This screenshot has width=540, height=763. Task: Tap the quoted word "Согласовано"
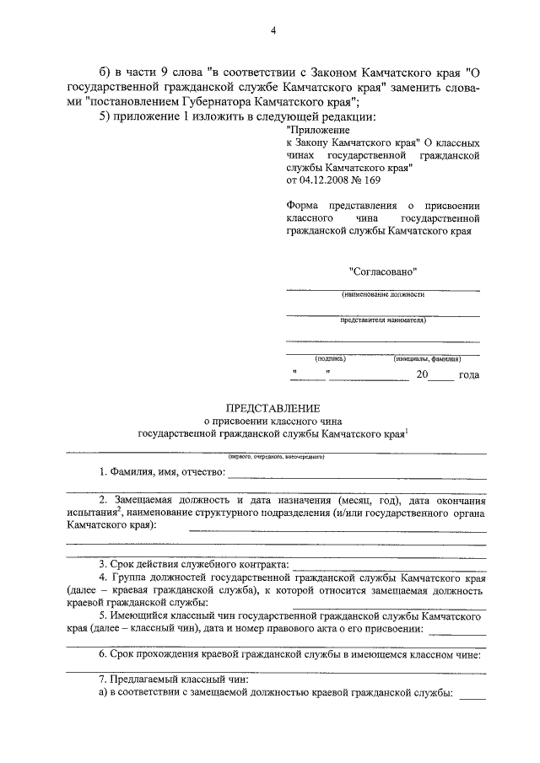click(x=383, y=271)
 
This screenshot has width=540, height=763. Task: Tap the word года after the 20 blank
click(x=468, y=375)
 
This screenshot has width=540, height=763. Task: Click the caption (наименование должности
click(x=383, y=296)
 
